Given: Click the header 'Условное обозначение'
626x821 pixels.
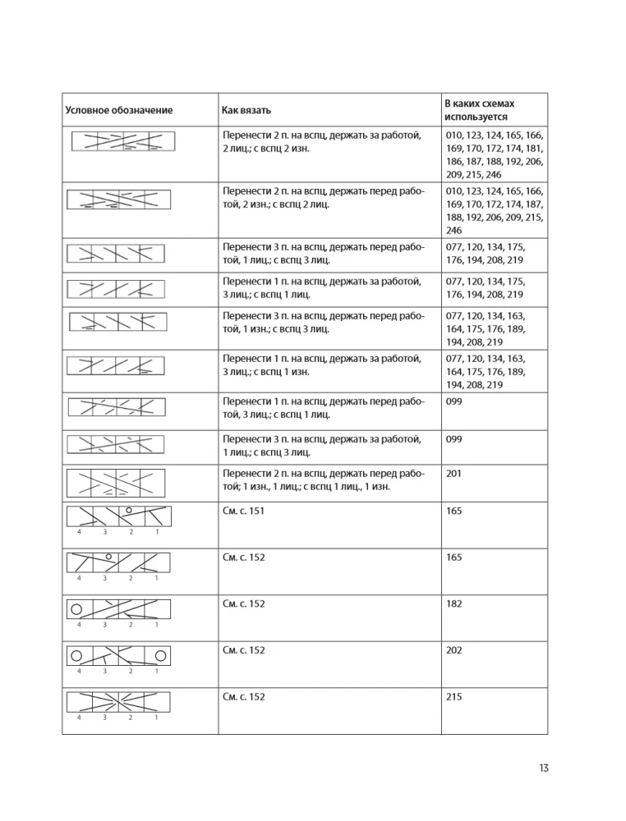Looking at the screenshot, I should [119, 110].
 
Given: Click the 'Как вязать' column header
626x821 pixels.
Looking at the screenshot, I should [246, 110].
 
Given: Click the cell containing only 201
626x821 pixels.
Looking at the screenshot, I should [453, 474].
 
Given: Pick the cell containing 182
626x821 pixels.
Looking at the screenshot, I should [453, 603].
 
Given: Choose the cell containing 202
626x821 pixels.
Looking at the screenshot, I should [453, 650].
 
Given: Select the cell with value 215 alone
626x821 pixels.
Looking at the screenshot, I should [453, 697].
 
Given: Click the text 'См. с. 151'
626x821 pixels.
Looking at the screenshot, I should [244, 511].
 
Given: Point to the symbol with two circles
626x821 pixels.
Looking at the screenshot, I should [117, 655].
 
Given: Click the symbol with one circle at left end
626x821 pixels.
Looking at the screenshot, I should [117, 609].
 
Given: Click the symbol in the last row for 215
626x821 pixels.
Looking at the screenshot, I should [117, 702].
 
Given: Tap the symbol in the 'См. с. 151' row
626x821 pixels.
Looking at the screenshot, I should [117, 516].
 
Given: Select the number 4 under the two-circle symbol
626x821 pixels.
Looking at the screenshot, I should [79, 672].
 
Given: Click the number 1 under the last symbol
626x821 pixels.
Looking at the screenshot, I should [156, 718].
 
